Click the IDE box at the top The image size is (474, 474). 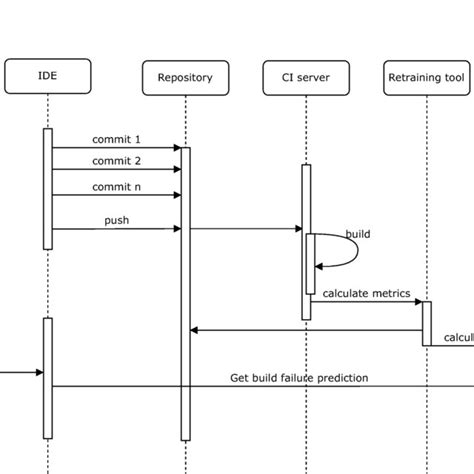click(x=48, y=75)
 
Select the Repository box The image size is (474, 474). click(x=185, y=77)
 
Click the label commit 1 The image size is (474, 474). click(x=116, y=138)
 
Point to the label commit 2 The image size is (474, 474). click(x=116, y=160)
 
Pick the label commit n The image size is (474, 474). click(x=116, y=186)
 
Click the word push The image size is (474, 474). click(x=116, y=219)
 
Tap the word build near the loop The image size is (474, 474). click(x=357, y=234)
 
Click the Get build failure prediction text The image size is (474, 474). click(x=299, y=377)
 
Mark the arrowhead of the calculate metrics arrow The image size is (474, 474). click(x=418, y=301)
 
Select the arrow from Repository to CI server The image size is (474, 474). click(x=245, y=229)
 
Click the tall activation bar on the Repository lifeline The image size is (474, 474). click(x=185, y=300)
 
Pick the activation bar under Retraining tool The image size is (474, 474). click(x=426, y=322)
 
